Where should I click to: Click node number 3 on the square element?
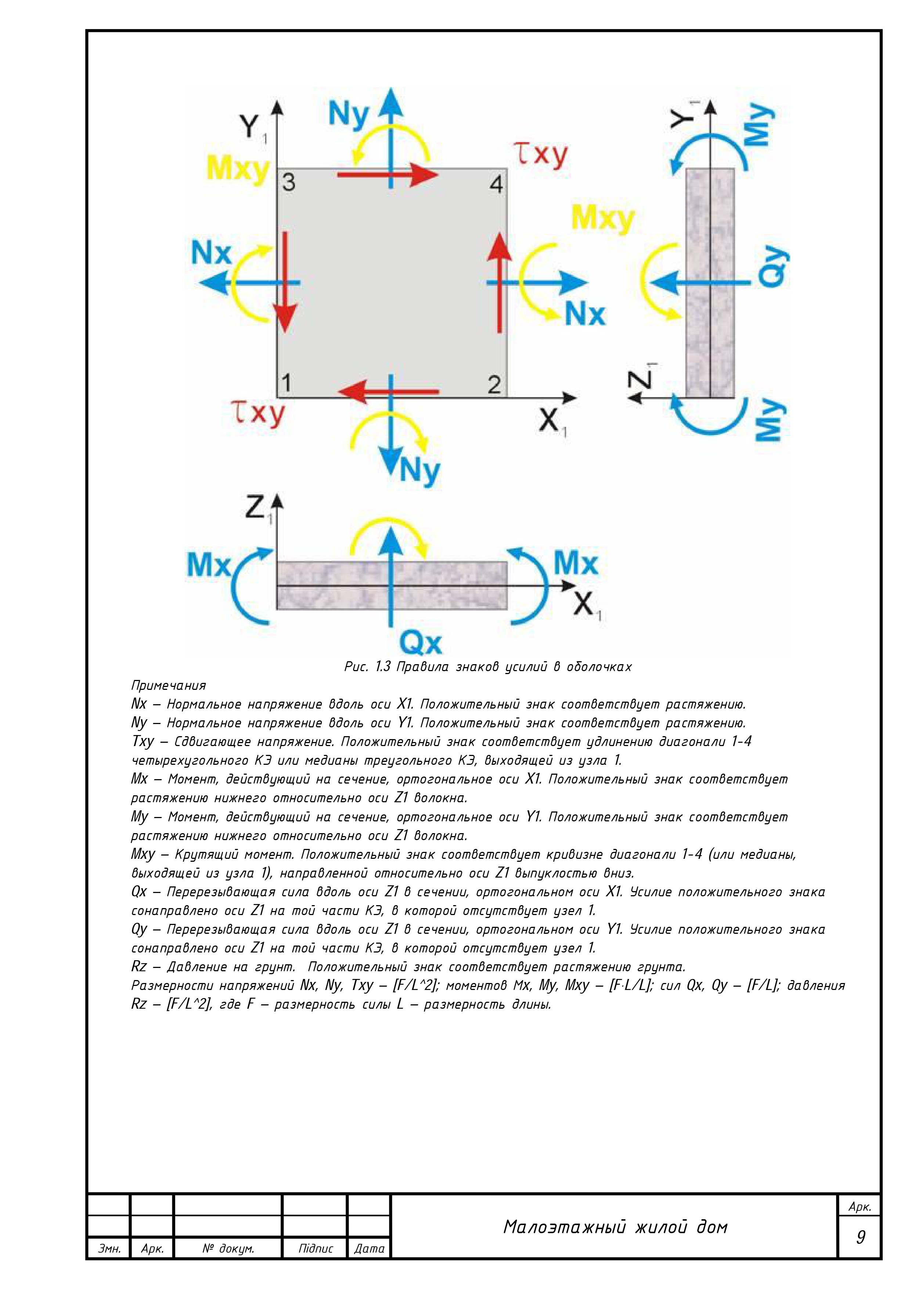click(x=288, y=183)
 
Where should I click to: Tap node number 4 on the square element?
click(x=496, y=184)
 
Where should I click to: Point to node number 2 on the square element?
click(x=494, y=385)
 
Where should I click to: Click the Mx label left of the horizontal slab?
click(x=208, y=565)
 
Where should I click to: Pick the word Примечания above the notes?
click(x=168, y=685)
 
